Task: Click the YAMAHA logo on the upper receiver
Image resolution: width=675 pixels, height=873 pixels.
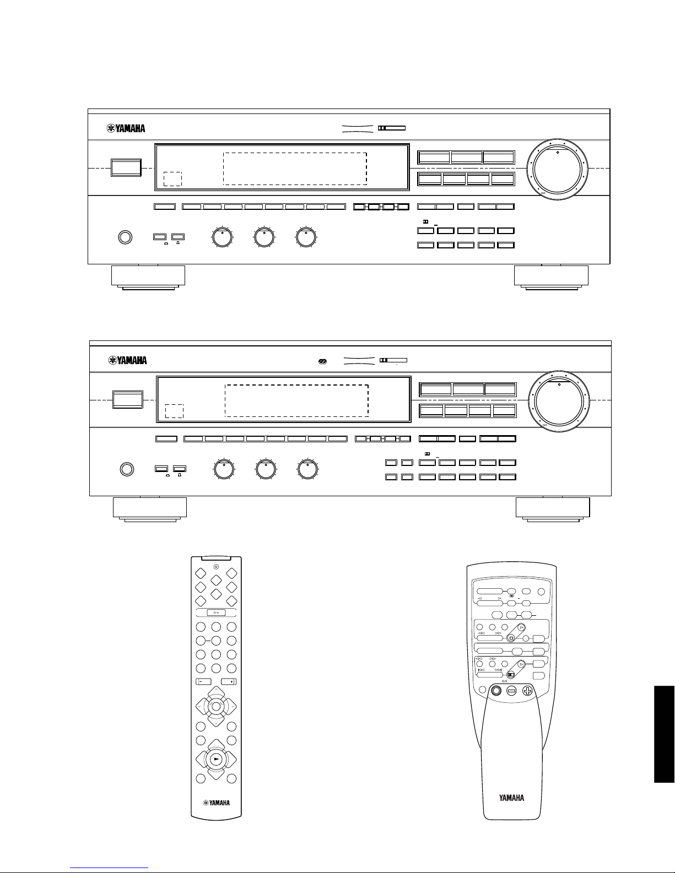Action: click(126, 128)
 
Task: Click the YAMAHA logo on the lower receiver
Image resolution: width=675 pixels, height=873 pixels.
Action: click(127, 360)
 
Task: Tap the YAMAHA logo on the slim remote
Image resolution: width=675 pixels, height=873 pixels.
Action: click(216, 802)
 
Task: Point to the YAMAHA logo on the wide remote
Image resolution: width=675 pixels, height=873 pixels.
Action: click(511, 798)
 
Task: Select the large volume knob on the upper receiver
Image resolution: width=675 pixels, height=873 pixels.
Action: click(557, 169)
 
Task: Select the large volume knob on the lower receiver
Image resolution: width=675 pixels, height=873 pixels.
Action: click(559, 401)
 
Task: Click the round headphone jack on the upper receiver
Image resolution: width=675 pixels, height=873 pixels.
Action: click(126, 237)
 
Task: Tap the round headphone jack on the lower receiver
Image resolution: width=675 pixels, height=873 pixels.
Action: click(127, 469)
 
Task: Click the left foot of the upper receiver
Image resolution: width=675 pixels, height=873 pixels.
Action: click(148, 277)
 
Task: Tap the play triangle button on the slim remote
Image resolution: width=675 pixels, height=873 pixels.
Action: click(216, 759)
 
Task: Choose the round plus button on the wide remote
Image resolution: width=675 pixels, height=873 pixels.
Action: click(527, 691)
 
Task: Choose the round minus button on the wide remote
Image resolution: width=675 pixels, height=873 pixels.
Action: click(511, 691)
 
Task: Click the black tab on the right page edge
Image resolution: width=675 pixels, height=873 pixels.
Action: click(664, 734)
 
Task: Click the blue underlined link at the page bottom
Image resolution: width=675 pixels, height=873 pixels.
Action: click(109, 868)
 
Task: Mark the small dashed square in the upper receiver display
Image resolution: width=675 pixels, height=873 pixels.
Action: click(173, 179)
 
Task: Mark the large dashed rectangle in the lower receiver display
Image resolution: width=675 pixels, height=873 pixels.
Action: click(296, 400)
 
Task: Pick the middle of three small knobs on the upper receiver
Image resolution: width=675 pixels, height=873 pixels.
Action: click(264, 237)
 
